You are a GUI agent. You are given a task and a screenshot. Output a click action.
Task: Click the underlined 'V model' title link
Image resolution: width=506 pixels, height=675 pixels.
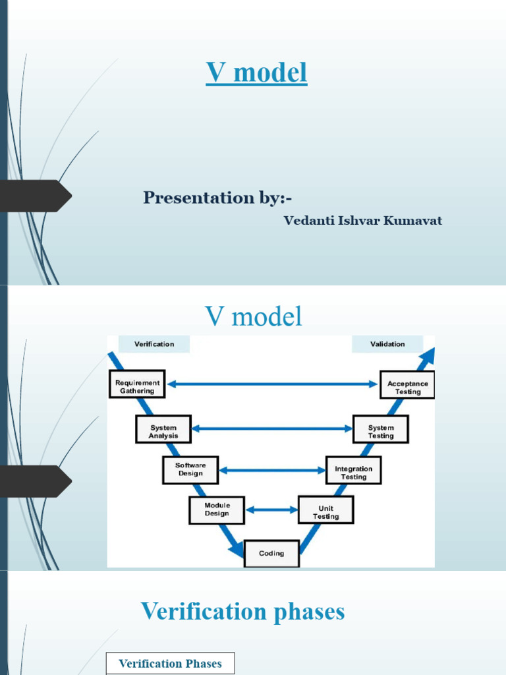tap(256, 73)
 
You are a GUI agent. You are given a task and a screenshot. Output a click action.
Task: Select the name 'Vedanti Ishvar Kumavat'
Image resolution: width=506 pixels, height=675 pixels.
tap(362, 221)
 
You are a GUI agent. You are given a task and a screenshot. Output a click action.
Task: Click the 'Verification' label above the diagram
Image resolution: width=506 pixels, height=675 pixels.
tap(154, 344)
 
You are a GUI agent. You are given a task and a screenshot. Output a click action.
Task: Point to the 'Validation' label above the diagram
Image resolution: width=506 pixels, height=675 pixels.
tap(387, 344)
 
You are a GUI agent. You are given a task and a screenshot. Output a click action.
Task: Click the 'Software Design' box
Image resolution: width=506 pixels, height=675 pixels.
tap(190, 470)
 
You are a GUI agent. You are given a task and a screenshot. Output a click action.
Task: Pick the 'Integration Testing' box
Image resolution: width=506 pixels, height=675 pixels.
tap(353, 471)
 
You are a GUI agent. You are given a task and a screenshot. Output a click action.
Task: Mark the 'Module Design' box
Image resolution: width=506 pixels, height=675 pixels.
tap(217, 510)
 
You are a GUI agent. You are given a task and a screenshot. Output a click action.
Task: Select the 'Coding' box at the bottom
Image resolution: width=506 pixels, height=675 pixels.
tap(271, 554)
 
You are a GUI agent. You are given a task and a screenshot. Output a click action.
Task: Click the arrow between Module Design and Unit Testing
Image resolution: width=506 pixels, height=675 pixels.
tap(271, 510)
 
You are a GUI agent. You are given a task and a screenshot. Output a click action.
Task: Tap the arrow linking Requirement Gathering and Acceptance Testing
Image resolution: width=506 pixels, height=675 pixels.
tap(272, 384)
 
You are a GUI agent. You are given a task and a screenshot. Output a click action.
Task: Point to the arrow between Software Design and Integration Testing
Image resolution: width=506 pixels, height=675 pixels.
tap(272, 470)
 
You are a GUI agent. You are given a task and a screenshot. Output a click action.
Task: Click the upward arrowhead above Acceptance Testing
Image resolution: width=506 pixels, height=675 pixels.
tap(427, 357)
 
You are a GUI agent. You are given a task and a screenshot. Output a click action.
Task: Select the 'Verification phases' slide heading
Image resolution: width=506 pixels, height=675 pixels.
tap(242, 612)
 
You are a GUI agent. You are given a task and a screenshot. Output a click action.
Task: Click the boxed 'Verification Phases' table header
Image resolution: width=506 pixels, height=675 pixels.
tap(170, 664)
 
